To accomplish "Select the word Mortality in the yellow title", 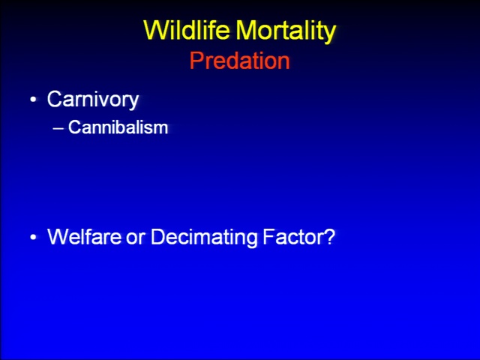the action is pyautogui.click(x=286, y=31).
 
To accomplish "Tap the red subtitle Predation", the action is pyautogui.click(x=240, y=61).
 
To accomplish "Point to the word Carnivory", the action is pyautogui.click(x=93, y=100).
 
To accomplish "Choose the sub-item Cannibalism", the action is pyautogui.click(x=118, y=127).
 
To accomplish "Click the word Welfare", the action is pyautogui.click(x=84, y=236).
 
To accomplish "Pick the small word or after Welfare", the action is pyautogui.click(x=135, y=238).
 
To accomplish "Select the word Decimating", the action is pyautogui.click(x=204, y=238).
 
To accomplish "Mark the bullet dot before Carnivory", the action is pyautogui.click(x=33, y=100).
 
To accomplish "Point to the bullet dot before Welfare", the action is pyautogui.click(x=33, y=237).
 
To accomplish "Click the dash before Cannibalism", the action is pyautogui.click(x=58, y=128).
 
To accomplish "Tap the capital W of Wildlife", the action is pyautogui.click(x=156, y=30).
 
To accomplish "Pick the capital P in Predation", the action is pyautogui.click(x=196, y=61).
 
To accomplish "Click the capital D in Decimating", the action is pyautogui.click(x=158, y=236).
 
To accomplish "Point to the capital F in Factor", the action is pyautogui.click(x=269, y=236).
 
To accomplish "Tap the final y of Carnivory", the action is pyautogui.click(x=133, y=102).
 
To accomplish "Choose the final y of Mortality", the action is pyautogui.click(x=330, y=35).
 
